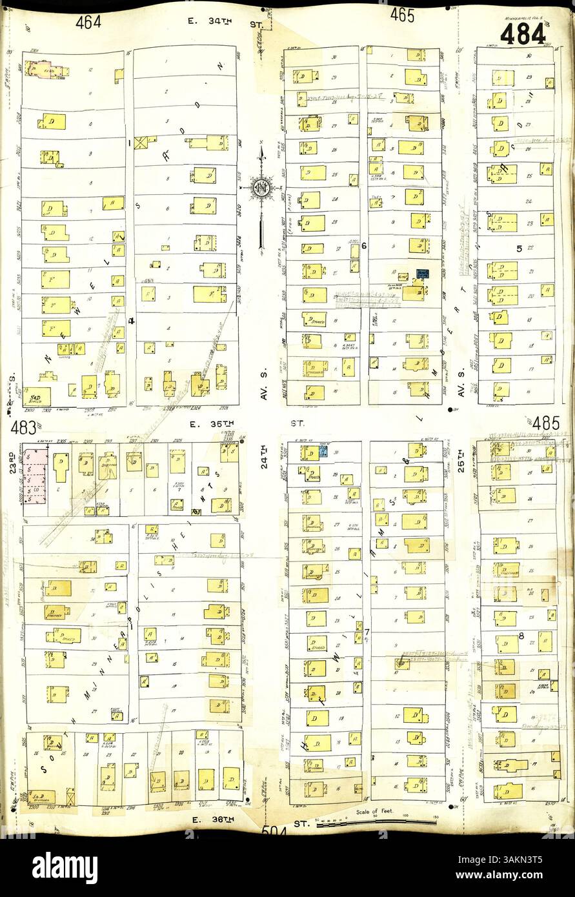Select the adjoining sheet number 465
tap(401, 16)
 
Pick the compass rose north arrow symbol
tap(261, 188)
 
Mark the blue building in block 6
tap(423, 276)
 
